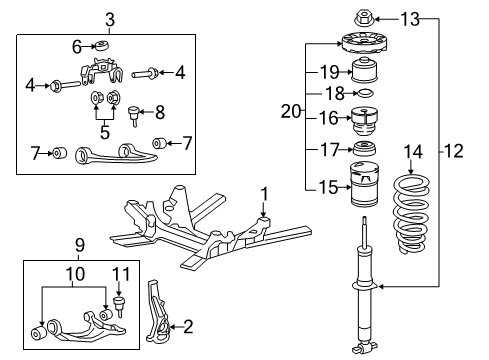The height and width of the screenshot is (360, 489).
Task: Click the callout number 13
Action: (x=410, y=19)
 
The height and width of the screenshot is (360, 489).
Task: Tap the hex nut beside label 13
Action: (x=364, y=18)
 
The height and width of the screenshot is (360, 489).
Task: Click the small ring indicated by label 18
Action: (x=365, y=93)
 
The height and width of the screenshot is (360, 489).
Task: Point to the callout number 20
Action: (x=291, y=111)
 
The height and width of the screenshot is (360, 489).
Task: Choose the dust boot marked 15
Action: (x=364, y=184)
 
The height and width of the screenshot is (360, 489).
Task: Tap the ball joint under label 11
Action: (x=119, y=306)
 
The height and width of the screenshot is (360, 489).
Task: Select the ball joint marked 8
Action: (x=134, y=115)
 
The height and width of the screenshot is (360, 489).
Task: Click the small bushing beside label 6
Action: (x=101, y=46)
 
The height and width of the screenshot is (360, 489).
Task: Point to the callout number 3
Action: (x=110, y=20)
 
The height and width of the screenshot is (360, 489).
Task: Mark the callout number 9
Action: (x=80, y=245)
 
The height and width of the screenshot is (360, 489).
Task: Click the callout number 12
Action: (x=454, y=151)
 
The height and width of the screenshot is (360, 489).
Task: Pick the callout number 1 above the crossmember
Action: (x=264, y=195)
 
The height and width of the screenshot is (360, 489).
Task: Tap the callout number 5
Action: (x=105, y=132)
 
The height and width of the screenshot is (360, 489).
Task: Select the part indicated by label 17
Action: (x=364, y=149)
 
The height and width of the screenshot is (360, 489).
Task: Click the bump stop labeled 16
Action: (x=364, y=121)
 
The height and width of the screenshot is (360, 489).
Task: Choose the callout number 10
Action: (x=75, y=274)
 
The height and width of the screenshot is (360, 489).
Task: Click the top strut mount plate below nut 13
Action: (x=364, y=43)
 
